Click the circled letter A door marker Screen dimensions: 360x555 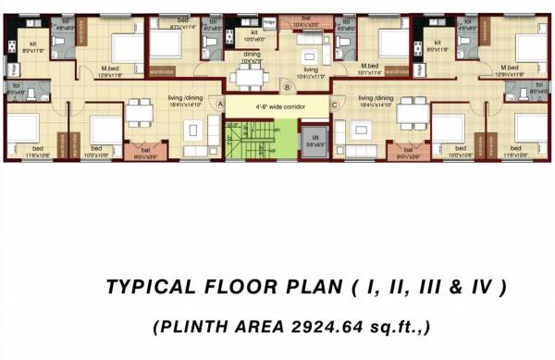[219, 106]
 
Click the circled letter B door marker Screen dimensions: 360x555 [288, 88]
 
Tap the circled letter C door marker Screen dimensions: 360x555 [333, 106]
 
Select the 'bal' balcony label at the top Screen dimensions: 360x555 [306, 18]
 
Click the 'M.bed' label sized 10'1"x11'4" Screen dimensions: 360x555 [371, 67]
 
